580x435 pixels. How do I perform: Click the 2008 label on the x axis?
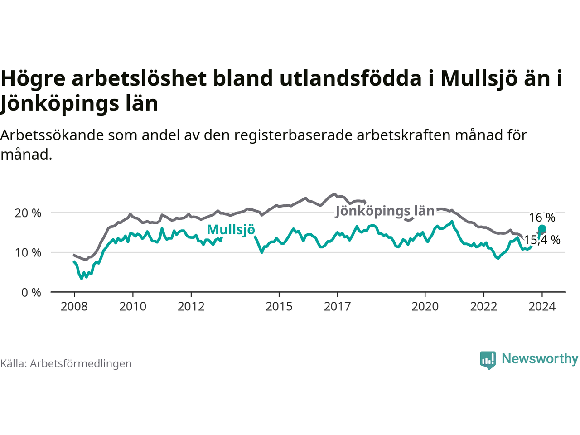click(74, 307)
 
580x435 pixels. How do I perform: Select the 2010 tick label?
click(133, 307)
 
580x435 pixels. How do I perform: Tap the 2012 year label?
click(191, 307)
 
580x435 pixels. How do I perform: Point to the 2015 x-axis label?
click(279, 307)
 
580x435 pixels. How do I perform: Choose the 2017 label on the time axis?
click(338, 307)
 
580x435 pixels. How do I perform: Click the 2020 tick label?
click(425, 307)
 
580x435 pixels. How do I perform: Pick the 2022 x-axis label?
click(484, 307)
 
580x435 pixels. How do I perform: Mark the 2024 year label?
click(542, 307)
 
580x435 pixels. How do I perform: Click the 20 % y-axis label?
click(28, 213)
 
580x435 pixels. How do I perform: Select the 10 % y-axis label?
click(28, 253)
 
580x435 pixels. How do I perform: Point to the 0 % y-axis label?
click(31, 293)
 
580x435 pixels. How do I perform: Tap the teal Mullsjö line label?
click(231, 230)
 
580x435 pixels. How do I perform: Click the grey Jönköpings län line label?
click(385, 212)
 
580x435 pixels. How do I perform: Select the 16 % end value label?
click(542, 217)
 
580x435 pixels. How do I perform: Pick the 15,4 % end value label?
click(542, 240)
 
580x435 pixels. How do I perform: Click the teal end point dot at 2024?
click(542, 229)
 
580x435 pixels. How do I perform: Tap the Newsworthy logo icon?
click(488, 360)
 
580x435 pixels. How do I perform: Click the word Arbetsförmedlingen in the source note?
click(81, 364)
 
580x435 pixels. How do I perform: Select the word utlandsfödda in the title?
click(351, 78)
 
